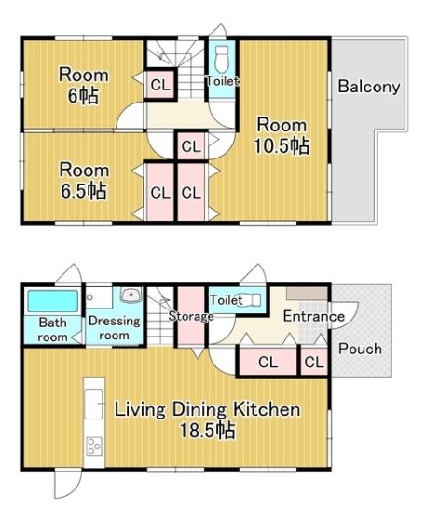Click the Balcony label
coord(369,87)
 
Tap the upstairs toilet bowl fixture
coord(222,60)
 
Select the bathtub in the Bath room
coord(52,301)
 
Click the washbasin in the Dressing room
coord(131,295)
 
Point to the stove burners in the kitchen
coord(94,446)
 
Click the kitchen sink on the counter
coord(93,404)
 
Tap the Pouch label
coord(360,349)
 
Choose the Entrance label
coord(313,316)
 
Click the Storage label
coord(191,316)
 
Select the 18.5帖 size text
coord(207,431)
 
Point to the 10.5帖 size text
coord(282,145)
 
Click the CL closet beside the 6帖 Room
coord(160,85)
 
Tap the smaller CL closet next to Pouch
coord(314,362)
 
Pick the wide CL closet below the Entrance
coord(268,362)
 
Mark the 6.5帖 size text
coord(83,191)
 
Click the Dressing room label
coord(114,328)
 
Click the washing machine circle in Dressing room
coord(89,296)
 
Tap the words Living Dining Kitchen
coord(207,409)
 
